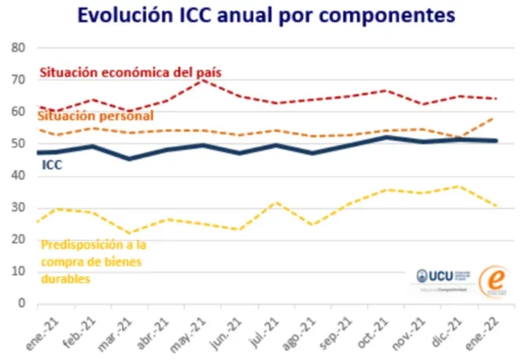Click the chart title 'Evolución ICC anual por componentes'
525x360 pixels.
(x=262, y=16)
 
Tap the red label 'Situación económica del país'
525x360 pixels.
(x=130, y=72)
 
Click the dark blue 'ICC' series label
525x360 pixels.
(x=51, y=165)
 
